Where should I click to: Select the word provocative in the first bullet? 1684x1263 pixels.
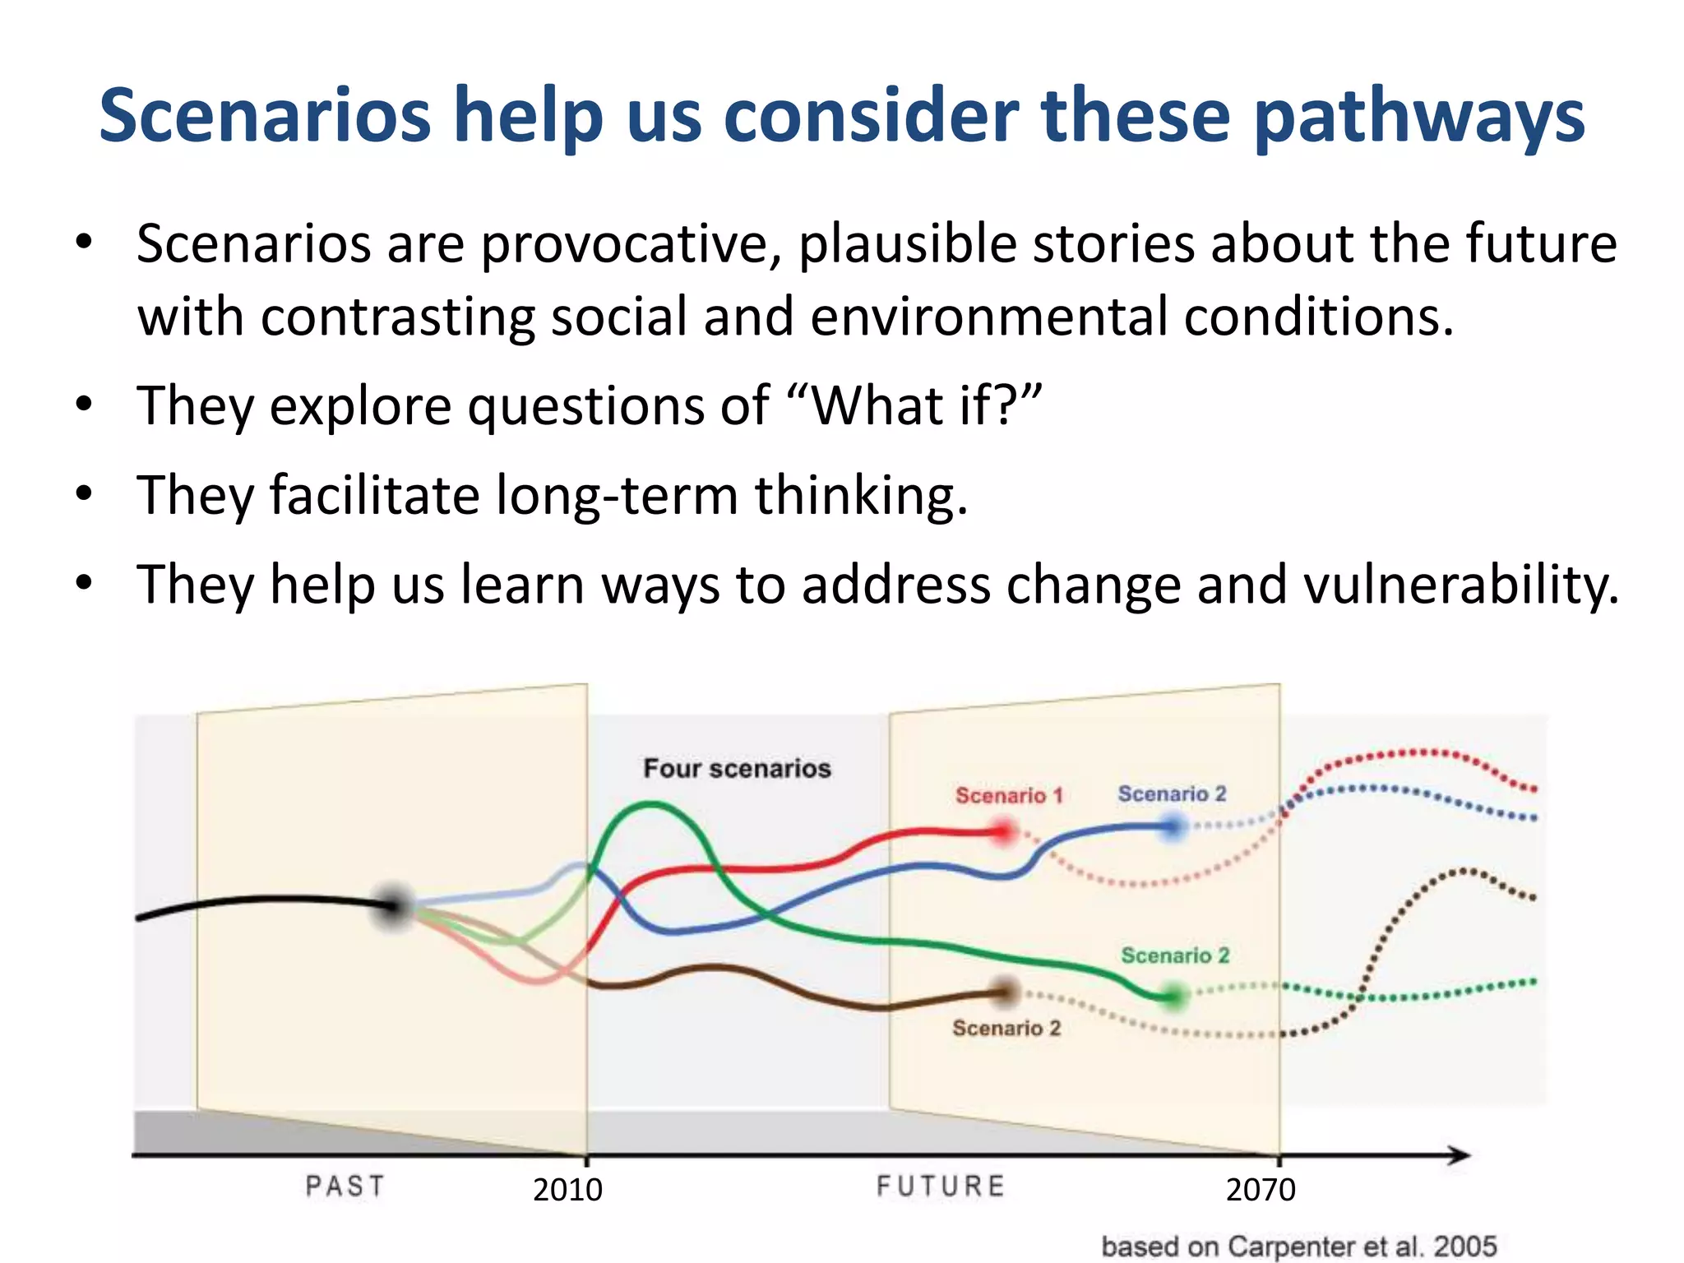coord(631,244)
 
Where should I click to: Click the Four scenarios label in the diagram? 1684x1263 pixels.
coord(737,769)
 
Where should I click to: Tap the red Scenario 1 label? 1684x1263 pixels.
coord(1009,795)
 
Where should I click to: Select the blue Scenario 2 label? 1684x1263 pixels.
coord(1172,793)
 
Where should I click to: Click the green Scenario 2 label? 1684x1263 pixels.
coord(1175,955)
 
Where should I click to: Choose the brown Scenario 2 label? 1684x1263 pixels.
coord(1006,1028)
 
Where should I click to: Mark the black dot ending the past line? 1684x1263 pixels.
coord(395,905)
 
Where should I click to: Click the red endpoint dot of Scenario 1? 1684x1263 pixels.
coord(1003,832)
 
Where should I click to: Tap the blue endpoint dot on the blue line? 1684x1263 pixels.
coord(1173,827)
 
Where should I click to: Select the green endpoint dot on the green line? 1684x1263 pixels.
coord(1174,997)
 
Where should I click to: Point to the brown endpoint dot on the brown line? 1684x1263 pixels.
coord(1005,992)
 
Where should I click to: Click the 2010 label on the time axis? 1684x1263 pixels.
coord(567,1190)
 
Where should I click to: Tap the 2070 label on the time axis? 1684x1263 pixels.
coord(1261,1190)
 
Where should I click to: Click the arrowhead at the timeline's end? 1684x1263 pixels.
coord(1460,1155)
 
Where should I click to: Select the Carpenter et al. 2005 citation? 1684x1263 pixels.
coord(1298,1247)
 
